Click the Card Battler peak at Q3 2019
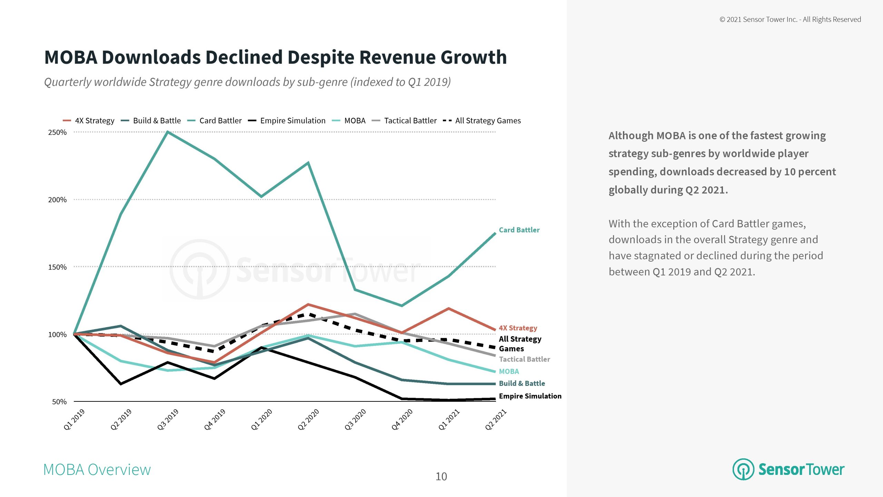pos(167,132)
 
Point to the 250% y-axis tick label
pos(57,133)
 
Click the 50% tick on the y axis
pos(59,402)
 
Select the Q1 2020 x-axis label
pos(262,419)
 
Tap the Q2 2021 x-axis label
pos(496,419)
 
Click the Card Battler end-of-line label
pos(519,230)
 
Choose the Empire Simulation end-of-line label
pos(530,396)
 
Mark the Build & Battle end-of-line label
pos(522,383)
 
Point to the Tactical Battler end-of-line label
pos(524,359)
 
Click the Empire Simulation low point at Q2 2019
pos(121,384)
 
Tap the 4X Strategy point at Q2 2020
pos(308,304)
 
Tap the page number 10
pos(441,477)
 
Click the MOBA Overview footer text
pos(97,470)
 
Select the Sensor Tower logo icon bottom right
pos(743,469)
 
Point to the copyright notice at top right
pos(790,20)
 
